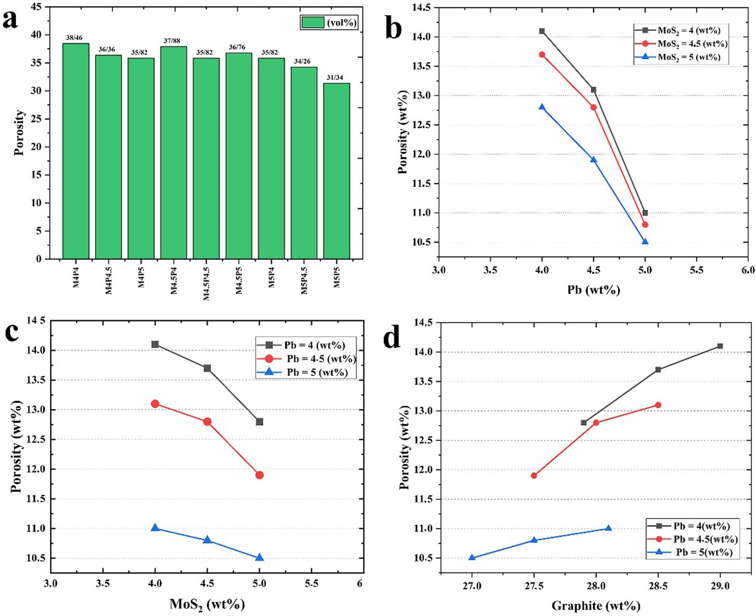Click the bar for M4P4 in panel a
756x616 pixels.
point(75,151)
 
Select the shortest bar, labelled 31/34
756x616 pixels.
point(336,171)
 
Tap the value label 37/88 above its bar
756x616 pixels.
point(172,41)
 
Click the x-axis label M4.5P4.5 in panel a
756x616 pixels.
point(206,283)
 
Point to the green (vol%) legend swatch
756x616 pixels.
point(313,22)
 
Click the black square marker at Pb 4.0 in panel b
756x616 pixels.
point(542,31)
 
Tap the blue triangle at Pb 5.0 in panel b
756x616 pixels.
point(645,242)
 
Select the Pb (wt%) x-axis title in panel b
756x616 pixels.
point(594,290)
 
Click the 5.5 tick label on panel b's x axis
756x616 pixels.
point(696,270)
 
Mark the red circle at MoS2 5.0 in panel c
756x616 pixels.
point(259,475)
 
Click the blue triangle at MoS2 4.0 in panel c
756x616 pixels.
point(155,527)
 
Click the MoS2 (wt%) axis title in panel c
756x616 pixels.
point(207,604)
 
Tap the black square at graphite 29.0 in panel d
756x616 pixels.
point(720,346)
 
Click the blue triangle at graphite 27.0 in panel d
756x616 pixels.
point(472,557)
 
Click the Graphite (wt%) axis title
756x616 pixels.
point(596,606)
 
